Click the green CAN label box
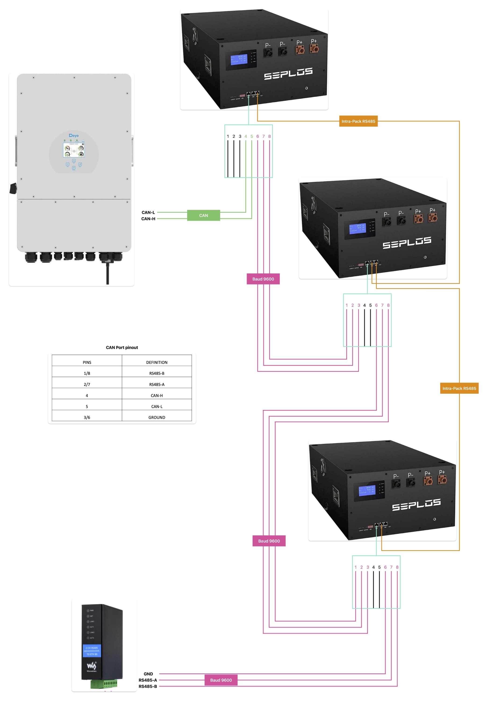204,215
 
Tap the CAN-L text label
148,212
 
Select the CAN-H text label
148,219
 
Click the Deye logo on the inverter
74,136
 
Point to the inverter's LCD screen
74,150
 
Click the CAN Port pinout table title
122,347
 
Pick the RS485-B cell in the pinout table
157,373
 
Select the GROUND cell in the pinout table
157,417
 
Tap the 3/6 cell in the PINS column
87,417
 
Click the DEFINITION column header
157,362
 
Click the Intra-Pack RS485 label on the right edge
459,388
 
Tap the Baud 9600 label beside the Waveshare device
221,680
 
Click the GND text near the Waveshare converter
148,674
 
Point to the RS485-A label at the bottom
148,680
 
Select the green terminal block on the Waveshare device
104,684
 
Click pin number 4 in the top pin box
246,136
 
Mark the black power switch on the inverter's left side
13,188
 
